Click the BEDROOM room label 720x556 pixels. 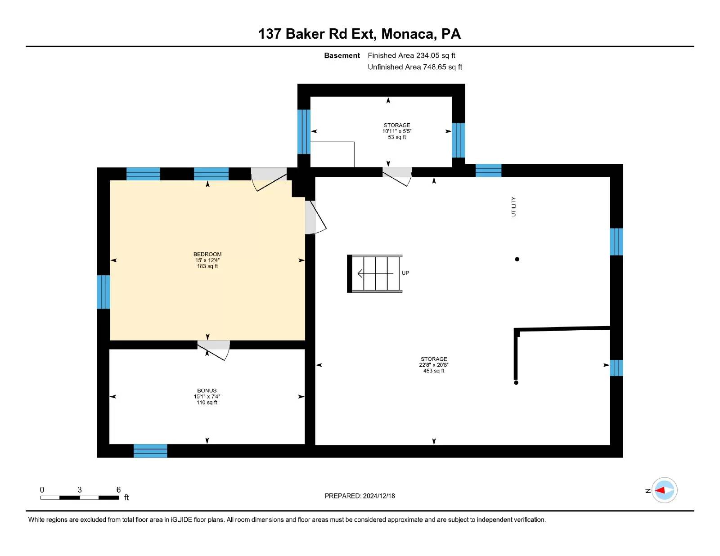(x=207, y=254)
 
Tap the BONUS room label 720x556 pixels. (x=207, y=390)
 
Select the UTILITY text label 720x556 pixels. (x=513, y=206)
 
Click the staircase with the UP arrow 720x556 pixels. (x=375, y=274)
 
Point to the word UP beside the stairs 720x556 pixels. (x=405, y=273)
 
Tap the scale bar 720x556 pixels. (x=80, y=498)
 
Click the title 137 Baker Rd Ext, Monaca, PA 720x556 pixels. (x=360, y=34)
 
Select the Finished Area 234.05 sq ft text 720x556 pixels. (x=411, y=56)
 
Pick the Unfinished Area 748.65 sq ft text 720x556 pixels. (x=415, y=67)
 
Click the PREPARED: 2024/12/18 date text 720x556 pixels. (x=360, y=496)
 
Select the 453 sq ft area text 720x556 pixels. (x=434, y=371)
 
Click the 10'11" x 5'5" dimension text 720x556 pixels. (x=397, y=131)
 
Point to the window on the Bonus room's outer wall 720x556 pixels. (x=150, y=451)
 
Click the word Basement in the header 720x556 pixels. (x=342, y=56)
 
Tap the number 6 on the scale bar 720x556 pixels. (x=119, y=489)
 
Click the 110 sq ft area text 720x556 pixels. (x=207, y=402)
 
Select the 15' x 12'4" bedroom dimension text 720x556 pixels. (x=207, y=260)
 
